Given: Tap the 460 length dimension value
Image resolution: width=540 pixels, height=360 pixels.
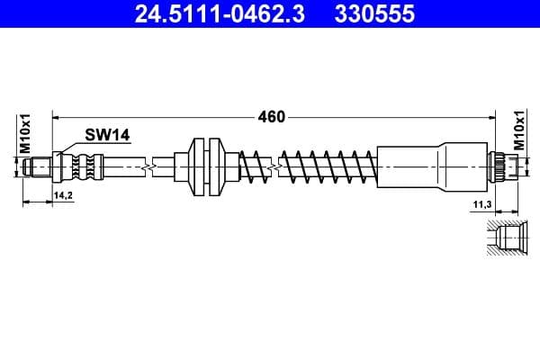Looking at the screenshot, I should click(x=272, y=116).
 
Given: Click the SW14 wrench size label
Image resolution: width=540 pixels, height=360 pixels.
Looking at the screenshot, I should click(x=108, y=135).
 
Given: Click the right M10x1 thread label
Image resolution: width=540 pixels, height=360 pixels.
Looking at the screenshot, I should click(x=519, y=131).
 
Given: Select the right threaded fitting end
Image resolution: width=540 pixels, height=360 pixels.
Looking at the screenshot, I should click(x=501, y=166).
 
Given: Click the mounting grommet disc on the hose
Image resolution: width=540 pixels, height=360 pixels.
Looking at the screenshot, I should click(x=206, y=166).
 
